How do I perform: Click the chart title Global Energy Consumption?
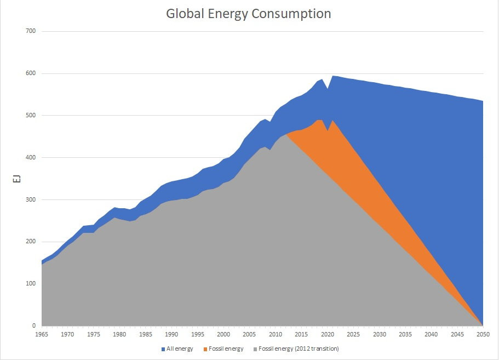pos(249,14)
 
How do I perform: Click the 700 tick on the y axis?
pos(31,31)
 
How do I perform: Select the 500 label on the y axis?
pos(31,116)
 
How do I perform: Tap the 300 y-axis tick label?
pos(31,200)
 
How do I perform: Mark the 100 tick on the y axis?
pos(31,284)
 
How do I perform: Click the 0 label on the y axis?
pos(33,326)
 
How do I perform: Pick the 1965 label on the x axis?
pos(42,334)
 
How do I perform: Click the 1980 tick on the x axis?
pos(119,334)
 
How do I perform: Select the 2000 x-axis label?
pos(223,334)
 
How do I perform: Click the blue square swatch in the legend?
pos(163,348)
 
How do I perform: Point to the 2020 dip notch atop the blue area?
pos(328,88)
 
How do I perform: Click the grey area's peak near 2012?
pos(286,134)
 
